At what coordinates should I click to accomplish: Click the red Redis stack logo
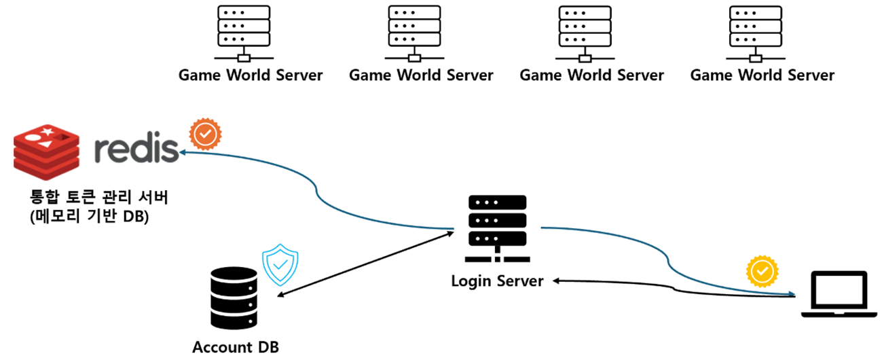click(x=47, y=152)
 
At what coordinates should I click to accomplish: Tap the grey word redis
click(x=136, y=147)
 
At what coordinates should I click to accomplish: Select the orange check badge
click(x=205, y=134)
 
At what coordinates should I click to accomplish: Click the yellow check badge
click(x=762, y=271)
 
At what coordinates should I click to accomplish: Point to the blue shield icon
click(x=280, y=264)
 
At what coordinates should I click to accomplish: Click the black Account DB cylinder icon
click(x=234, y=298)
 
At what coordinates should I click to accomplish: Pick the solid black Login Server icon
click(x=497, y=228)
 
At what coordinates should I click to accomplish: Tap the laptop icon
click(x=839, y=293)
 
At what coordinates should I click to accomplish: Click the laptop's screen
click(x=839, y=290)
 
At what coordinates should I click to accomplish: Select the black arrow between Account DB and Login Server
click(x=366, y=264)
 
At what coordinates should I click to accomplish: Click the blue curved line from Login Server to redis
click(x=317, y=192)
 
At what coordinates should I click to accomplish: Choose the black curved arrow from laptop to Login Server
click(x=674, y=288)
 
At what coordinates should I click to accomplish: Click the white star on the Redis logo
click(x=48, y=130)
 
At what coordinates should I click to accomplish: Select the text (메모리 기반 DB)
click(x=89, y=216)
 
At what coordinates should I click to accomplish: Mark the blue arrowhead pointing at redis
click(x=183, y=152)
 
